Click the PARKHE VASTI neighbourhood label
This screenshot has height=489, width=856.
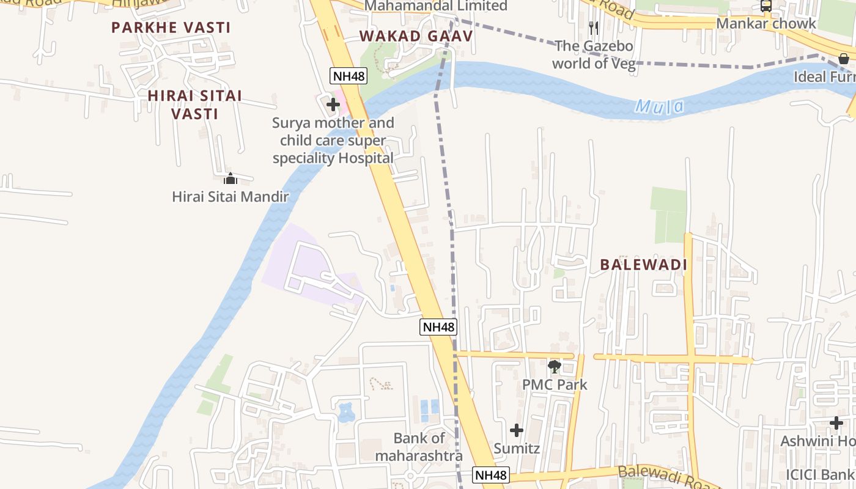pos(171,28)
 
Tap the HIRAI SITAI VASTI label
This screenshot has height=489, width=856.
pos(195,105)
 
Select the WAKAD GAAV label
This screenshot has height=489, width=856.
pos(416,36)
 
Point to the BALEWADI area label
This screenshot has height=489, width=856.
pos(644,265)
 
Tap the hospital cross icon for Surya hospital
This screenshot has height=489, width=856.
pos(333,105)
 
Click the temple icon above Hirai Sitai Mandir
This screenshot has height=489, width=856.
pos(231,178)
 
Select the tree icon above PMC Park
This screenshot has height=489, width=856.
pos(555,367)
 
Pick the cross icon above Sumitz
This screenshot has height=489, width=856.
pos(517,430)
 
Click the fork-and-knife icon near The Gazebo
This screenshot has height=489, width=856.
pos(593,28)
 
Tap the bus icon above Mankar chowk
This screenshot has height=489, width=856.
pos(766,6)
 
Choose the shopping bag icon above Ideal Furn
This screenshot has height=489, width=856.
pos(844,59)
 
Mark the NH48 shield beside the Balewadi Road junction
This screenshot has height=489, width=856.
pos(491,475)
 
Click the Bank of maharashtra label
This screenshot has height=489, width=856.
pos(419,447)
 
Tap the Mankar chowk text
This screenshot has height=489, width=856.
pos(766,23)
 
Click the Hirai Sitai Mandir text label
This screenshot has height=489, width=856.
pos(230,196)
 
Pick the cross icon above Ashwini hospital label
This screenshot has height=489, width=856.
pos(836,423)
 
